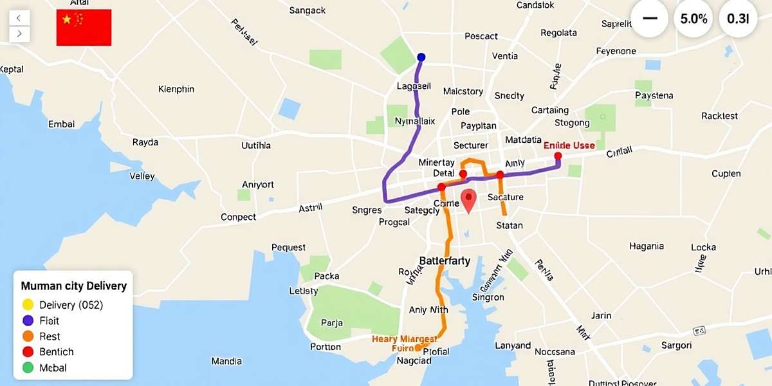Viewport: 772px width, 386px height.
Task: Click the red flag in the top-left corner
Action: [84, 27]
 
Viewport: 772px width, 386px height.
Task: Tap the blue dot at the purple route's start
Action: [421, 57]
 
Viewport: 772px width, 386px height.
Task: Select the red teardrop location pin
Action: [469, 200]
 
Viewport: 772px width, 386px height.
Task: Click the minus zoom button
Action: [650, 19]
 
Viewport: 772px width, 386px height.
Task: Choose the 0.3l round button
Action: [738, 19]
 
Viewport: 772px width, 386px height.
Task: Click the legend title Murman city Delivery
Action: [73, 286]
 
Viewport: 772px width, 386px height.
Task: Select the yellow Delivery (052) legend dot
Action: [28, 305]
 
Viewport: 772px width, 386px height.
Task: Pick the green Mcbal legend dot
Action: [28, 368]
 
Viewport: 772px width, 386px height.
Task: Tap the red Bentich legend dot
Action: [28, 352]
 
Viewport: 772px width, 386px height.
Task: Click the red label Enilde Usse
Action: [569, 145]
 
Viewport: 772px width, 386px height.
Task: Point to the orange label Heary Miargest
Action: [405, 338]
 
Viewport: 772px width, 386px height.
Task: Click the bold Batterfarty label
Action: [445, 261]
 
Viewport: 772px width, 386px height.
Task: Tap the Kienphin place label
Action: [176, 89]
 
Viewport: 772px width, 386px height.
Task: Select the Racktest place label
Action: [719, 116]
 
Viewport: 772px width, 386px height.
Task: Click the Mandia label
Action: [226, 361]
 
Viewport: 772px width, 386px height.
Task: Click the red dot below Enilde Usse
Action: [558, 156]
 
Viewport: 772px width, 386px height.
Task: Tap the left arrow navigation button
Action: [19, 18]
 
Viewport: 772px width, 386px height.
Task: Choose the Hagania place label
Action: [646, 246]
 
